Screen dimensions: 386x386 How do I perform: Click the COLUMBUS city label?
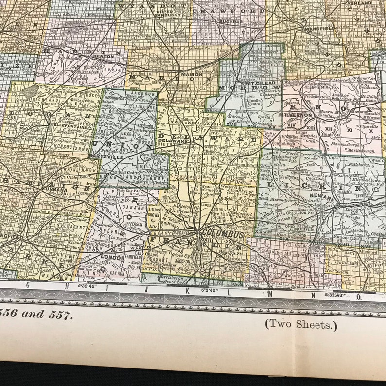[222, 234]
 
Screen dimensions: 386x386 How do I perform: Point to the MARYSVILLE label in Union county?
[114, 157]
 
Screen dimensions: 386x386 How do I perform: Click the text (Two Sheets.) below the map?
[301, 325]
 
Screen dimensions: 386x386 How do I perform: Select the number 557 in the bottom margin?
[62, 314]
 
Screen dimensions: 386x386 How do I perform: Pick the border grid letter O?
[359, 295]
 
